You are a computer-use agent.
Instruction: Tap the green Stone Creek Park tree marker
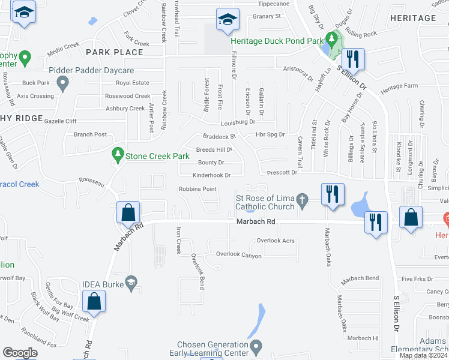pyautogui.click(x=118, y=155)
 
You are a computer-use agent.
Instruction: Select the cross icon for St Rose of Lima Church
pyautogui.click(x=303, y=199)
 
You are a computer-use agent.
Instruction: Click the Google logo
pyautogui.click(x=20, y=353)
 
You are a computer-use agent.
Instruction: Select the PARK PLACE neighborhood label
pyautogui.click(x=114, y=52)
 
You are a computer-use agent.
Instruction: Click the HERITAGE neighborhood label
pyautogui.click(x=413, y=18)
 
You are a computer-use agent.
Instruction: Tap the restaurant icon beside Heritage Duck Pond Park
pyautogui.click(x=353, y=59)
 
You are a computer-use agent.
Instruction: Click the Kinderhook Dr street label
pyautogui.click(x=211, y=175)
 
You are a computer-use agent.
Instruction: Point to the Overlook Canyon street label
pyautogui.click(x=239, y=256)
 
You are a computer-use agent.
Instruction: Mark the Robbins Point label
pyautogui.click(x=197, y=189)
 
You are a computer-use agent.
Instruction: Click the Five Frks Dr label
pyautogui.click(x=418, y=279)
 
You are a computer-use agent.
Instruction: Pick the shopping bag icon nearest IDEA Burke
pyautogui.click(x=94, y=302)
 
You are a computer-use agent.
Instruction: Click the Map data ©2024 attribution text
pyautogui.click(x=423, y=355)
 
